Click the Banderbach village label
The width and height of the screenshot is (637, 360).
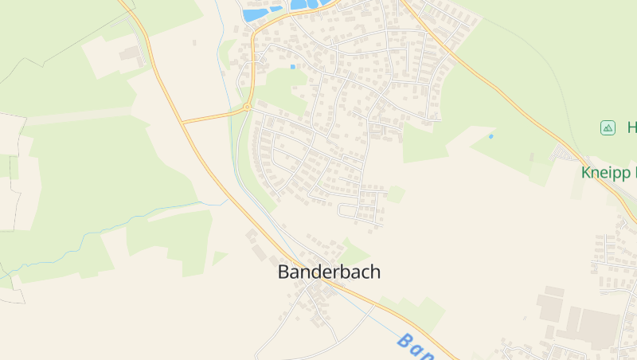pyautogui.click(x=329, y=272)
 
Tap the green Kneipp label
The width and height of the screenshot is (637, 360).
pyautogui.click(x=609, y=173)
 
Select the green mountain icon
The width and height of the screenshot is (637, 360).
pyautogui.click(x=608, y=127)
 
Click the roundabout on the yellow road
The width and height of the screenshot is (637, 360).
pyautogui.click(x=247, y=107)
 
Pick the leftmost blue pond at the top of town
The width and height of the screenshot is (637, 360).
pyautogui.click(x=255, y=14)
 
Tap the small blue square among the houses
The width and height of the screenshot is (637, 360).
pyautogui.click(x=293, y=67)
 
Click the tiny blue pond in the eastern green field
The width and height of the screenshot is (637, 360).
pyautogui.click(x=490, y=136)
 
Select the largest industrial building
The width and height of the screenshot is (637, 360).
pyautogui.click(x=598, y=327)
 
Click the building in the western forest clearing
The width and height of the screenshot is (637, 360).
pyautogui.click(x=130, y=53)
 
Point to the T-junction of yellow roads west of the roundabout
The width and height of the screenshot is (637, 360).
pyautogui.click(x=182, y=123)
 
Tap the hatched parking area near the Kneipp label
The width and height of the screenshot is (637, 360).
pyautogui.click(x=569, y=152)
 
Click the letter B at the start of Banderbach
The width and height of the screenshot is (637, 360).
pyautogui.click(x=283, y=272)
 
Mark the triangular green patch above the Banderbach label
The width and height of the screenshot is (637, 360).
pyautogui.click(x=354, y=252)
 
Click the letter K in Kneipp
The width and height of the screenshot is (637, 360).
pyautogui.click(x=587, y=172)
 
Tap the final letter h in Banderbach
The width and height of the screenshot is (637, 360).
pyautogui.click(x=375, y=272)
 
